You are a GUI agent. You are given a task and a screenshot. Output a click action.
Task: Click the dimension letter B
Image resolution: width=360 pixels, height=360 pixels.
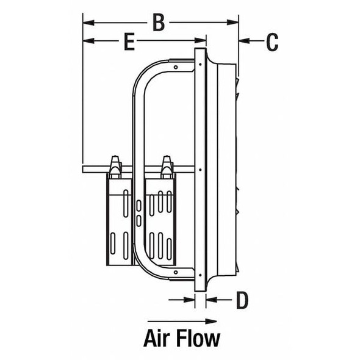[x=158, y=23]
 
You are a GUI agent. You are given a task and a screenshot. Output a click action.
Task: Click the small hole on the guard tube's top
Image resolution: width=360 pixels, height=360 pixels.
[x=176, y=67]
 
